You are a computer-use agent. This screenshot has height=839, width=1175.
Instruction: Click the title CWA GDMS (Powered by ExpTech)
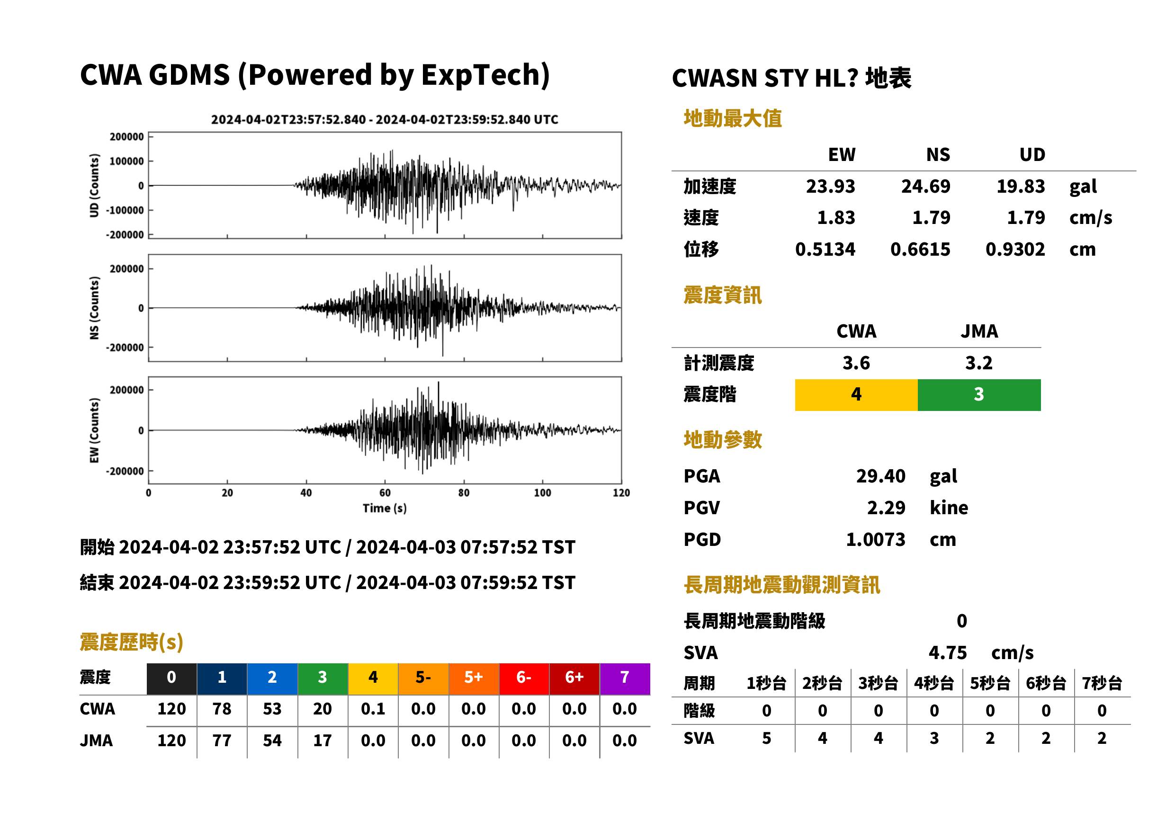pos(314,75)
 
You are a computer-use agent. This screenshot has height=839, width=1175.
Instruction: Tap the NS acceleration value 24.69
pos(925,186)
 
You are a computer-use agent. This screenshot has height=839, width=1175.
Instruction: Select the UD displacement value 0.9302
pos(1015,249)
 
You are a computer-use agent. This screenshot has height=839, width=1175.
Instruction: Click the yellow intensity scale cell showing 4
pos(856,395)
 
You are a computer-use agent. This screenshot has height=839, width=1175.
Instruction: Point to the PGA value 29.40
pos(880,476)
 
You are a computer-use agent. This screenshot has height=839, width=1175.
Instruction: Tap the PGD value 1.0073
pos(875,539)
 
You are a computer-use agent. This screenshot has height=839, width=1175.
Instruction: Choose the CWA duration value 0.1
pos(373,709)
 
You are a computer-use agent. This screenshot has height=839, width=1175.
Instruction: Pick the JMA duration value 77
pos(222,741)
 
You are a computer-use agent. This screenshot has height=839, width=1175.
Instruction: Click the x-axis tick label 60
pos(385,492)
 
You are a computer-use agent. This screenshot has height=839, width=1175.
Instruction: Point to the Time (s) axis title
pos(385,508)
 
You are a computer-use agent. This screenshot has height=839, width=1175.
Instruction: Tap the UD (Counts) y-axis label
pos(94,185)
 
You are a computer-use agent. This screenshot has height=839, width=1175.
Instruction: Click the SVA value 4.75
pos(947,652)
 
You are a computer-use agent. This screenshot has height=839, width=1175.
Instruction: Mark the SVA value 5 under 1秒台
pos(766,738)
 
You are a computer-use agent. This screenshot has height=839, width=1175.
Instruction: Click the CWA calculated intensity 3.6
pos(856,363)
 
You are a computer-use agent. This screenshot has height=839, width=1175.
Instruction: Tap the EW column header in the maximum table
pos(841,154)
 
